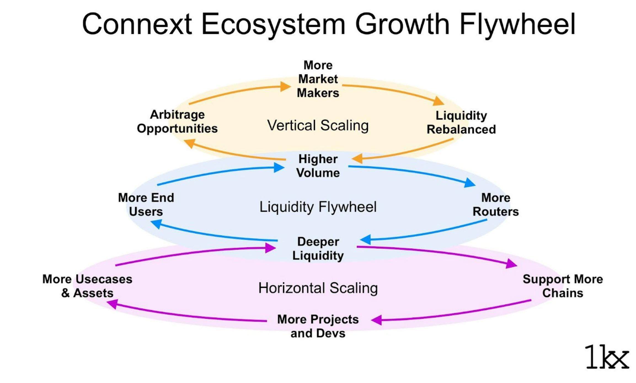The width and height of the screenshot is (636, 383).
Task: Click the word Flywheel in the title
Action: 517,24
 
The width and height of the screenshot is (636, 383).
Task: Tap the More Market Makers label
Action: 318,79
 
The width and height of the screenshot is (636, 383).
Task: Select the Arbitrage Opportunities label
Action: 177,122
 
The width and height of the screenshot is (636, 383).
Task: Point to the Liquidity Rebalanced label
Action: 461,122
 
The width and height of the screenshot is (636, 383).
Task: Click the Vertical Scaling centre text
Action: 318,125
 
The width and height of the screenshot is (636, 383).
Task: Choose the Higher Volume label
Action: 318,166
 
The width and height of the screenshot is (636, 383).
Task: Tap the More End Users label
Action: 146,205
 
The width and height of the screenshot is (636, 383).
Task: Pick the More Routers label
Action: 496,205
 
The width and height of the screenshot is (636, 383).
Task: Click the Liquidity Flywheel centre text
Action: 318,207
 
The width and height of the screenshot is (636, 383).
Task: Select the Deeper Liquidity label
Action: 318,248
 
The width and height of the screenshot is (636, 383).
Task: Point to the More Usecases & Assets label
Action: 87,286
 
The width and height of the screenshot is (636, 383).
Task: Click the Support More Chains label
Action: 563,286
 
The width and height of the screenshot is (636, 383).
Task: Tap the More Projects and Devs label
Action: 318,326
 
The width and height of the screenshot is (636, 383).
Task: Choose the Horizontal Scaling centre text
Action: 318,288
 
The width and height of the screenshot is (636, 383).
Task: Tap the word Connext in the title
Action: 137,24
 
